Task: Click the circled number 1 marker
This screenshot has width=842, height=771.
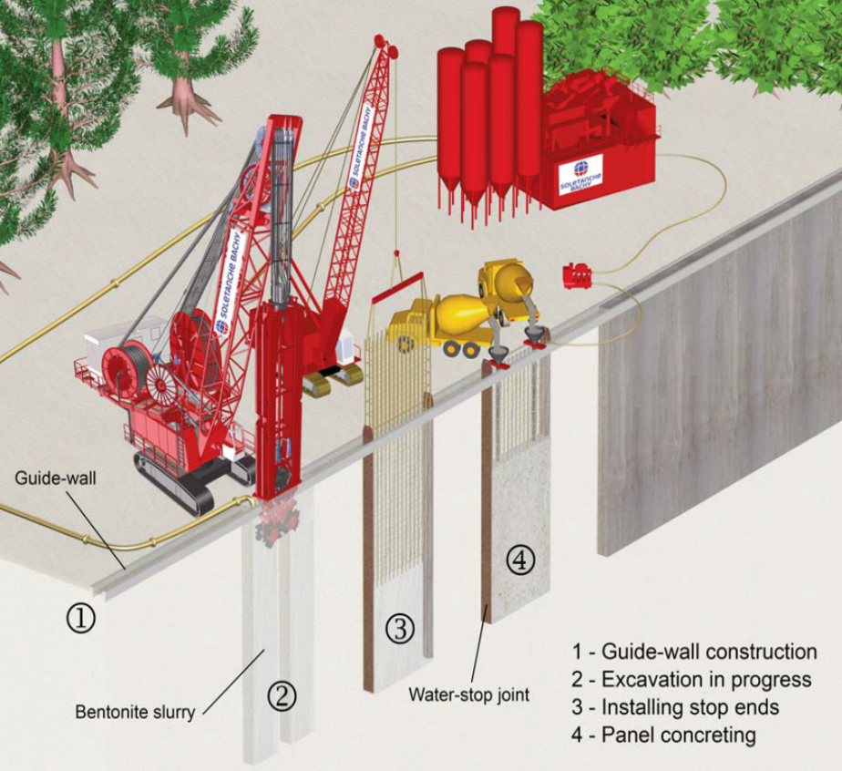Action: point(80,619)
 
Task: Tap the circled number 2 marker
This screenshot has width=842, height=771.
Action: point(282,697)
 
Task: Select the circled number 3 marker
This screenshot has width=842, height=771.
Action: point(400,626)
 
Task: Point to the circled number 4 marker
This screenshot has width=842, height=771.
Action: point(520,561)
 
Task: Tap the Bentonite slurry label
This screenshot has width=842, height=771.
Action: point(135,712)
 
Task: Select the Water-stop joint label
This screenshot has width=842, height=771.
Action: point(468,694)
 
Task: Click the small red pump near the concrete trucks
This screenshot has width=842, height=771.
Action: point(578,274)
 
